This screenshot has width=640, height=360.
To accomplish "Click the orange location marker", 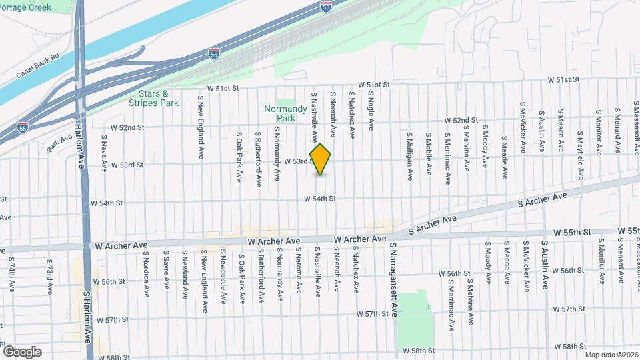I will tap(321, 159).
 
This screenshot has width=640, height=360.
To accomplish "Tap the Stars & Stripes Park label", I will tap(154, 99).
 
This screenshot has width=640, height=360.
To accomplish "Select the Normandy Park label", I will tap(285, 113).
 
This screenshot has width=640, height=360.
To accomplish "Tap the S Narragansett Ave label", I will tap(394, 279).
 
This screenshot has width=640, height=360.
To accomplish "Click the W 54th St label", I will tap(319, 199).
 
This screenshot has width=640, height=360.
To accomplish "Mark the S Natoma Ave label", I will tap(299, 275).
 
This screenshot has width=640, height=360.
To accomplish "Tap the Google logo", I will tap(22, 351).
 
